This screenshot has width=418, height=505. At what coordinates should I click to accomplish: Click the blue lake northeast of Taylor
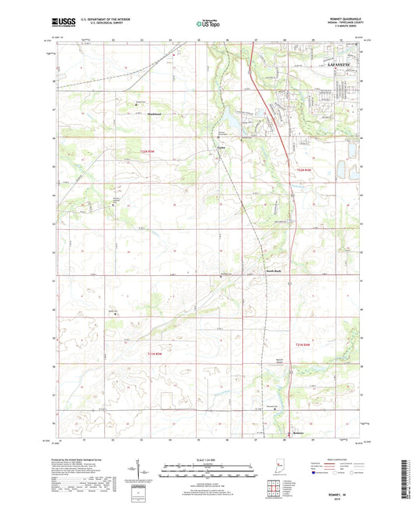[233, 122]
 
